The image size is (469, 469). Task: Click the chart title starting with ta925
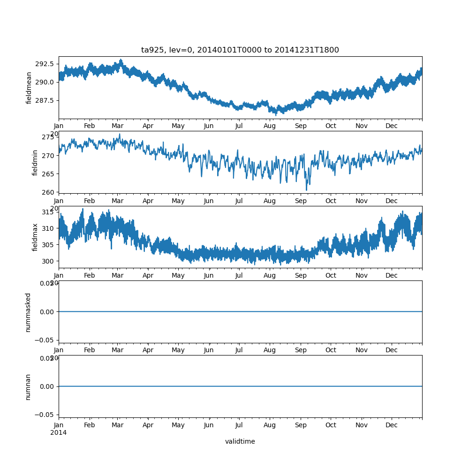(x=240, y=50)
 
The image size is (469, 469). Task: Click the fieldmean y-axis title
(x=29, y=88)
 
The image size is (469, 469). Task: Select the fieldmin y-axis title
(x=35, y=163)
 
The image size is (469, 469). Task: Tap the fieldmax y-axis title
(x=35, y=237)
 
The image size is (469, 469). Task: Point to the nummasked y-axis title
(x=28, y=312)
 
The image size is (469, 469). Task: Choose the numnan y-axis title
(x=28, y=387)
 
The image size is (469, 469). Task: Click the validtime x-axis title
(x=240, y=441)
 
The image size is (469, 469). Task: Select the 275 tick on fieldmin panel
(x=49, y=137)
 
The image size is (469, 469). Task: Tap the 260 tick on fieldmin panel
(x=49, y=192)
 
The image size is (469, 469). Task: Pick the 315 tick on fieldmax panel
(x=49, y=212)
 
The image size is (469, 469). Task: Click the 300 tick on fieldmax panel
(x=49, y=261)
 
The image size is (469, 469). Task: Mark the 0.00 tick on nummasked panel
(x=47, y=311)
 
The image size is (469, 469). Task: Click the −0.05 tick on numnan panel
(x=45, y=414)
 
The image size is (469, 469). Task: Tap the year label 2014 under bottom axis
(x=58, y=432)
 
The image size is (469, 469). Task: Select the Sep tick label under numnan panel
(x=301, y=425)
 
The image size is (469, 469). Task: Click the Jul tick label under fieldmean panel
(x=239, y=126)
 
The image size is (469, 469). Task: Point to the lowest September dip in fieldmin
(x=307, y=190)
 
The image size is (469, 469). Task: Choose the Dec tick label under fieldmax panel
(x=392, y=275)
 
